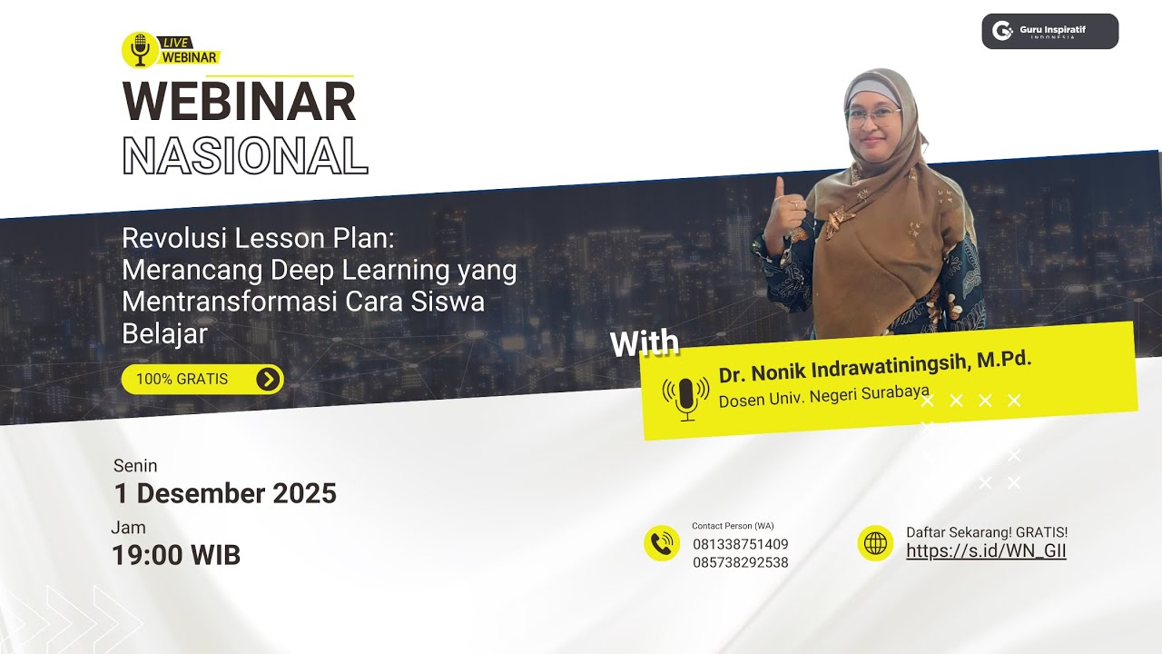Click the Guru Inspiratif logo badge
coord(1049,31)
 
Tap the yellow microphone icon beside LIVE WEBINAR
coord(140,50)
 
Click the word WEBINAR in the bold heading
coord(239,102)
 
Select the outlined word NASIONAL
coord(244,155)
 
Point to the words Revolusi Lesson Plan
coord(259,239)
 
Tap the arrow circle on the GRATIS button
coord(268,379)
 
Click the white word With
coord(644,343)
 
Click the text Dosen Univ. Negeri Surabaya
coord(823,396)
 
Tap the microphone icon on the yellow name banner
coord(686,397)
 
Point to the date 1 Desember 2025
coord(225,493)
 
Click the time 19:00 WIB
coord(176,555)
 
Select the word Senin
coord(135,466)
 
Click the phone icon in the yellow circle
coord(662,543)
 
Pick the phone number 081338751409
coord(740,544)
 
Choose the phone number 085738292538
coord(740,562)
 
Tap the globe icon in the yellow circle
coord(875,543)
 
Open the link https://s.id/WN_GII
coord(986,550)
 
